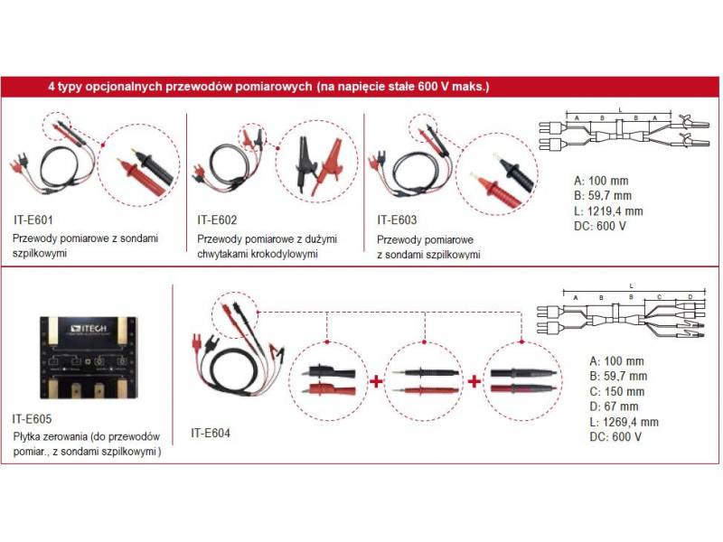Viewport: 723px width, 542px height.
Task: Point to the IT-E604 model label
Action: coord(211,432)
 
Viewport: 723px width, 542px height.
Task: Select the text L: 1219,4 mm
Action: coord(609,211)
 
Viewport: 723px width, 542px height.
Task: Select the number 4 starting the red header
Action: coord(51,88)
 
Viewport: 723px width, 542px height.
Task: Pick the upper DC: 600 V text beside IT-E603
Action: coord(600,226)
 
